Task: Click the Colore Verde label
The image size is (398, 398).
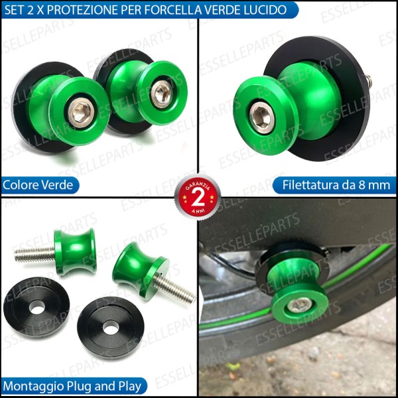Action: pos(38,184)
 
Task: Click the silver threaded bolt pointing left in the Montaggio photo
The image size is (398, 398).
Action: pos(33,253)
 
